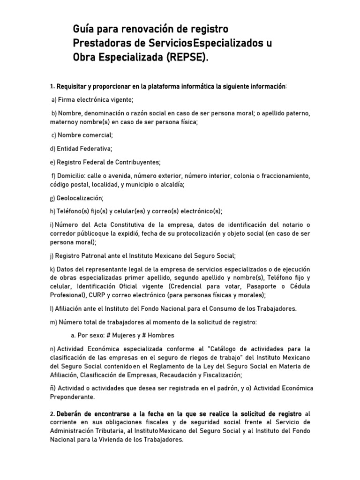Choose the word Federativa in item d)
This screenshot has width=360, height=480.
click(x=94, y=149)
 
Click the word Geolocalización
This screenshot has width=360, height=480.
click(x=79, y=198)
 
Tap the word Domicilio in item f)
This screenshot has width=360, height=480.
click(x=71, y=176)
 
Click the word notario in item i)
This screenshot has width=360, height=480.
click(x=291, y=225)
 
